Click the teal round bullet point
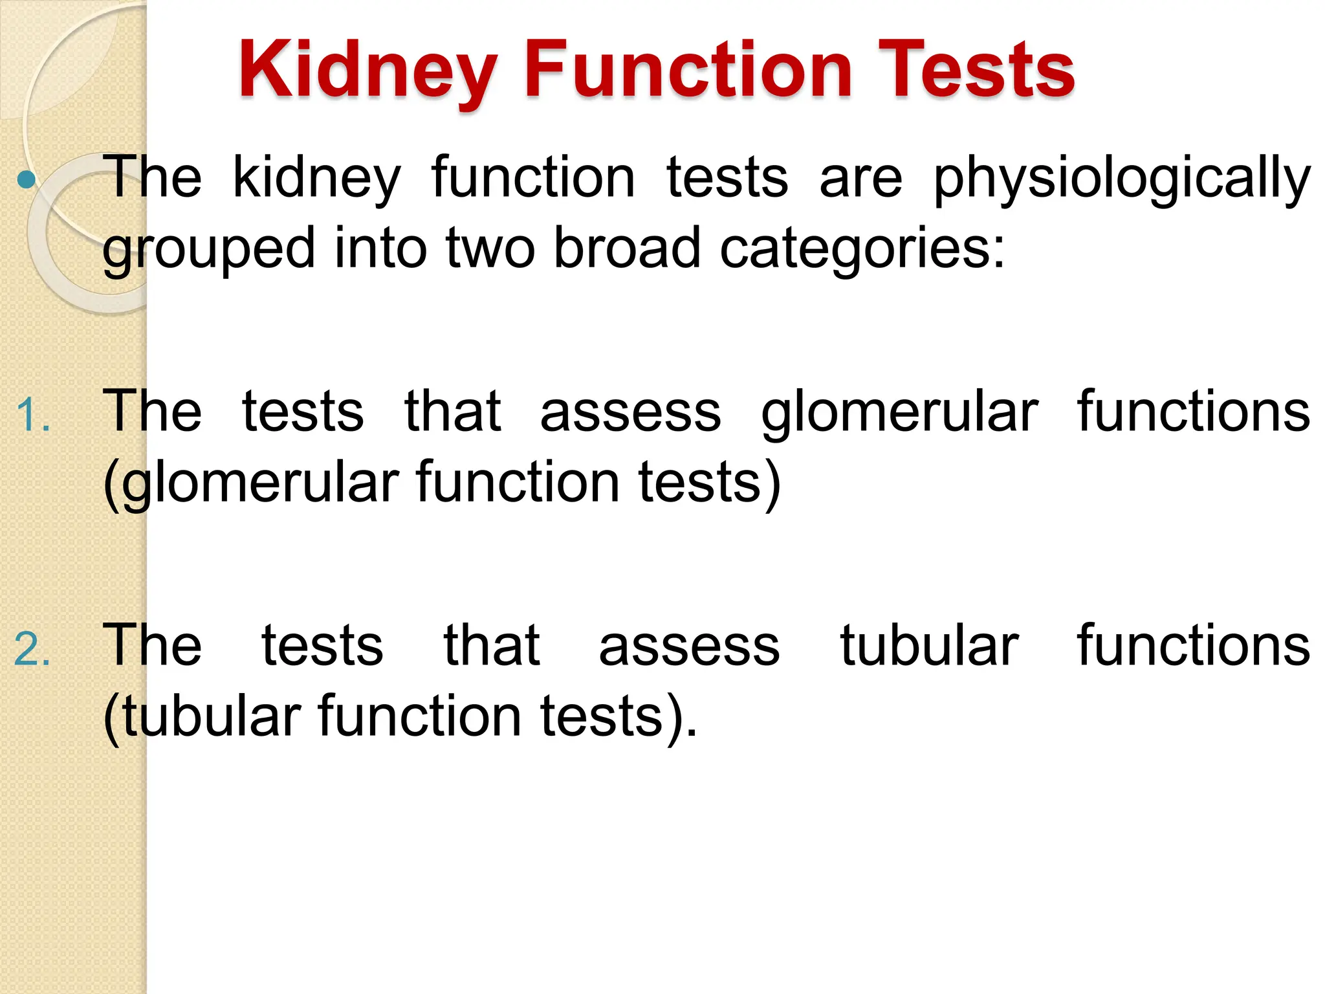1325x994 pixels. click(26, 180)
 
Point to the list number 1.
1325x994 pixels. click(32, 415)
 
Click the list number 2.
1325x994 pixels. click(32, 649)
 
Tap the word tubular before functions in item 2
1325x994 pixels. click(929, 645)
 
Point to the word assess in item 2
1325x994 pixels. click(689, 646)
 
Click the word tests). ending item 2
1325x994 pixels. click(619, 716)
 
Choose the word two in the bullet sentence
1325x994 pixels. click(490, 249)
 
